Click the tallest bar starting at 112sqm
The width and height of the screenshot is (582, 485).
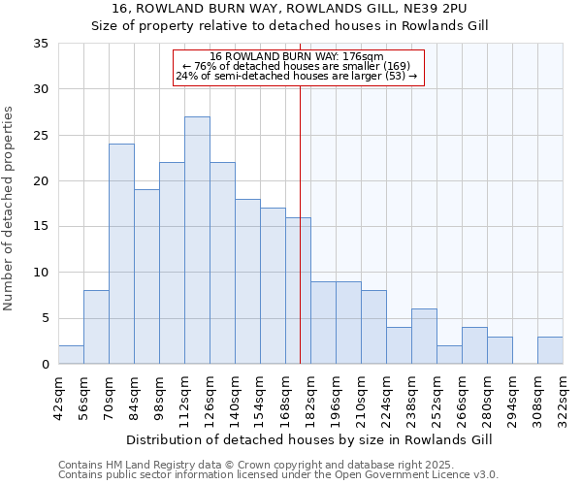click(x=197, y=241)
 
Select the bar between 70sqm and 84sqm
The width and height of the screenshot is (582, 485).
click(x=121, y=254)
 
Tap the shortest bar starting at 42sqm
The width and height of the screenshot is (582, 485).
click(x=71, y=355)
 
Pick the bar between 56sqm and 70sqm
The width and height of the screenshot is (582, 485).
click(x=96, y=327)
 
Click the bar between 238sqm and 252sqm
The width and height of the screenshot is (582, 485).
click(x=424, y=337)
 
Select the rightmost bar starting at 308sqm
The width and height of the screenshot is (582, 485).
click(x=550, y=350)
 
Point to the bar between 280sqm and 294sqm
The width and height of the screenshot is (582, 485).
click(x=500, y=350)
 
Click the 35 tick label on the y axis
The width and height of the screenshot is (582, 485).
click(x=40, y=44)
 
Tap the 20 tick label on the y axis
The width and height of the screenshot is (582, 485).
click(x=40, y=181)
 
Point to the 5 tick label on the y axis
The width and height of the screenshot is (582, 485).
click(x=44, y=318)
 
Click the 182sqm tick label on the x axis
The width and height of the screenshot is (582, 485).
click(x=310, y=398)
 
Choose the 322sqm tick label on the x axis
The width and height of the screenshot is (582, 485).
click(x=563, y=398)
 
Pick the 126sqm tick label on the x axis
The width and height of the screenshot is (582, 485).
click(x=210, y=398)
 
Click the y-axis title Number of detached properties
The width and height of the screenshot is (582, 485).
click(x=10, y=209)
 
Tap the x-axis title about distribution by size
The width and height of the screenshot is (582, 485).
click(x=309, y=439)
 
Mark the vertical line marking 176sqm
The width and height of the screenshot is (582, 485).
click(x=300, y=242)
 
